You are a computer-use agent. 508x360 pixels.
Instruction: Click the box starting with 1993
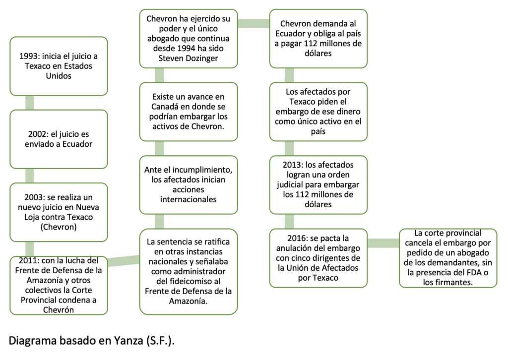tap(59, 66)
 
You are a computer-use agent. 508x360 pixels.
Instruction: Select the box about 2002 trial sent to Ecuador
tap(59, 139)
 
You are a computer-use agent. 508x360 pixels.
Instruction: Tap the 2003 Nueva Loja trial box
tap(59, 212)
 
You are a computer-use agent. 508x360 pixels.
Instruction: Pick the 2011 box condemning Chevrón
tap(59, 285)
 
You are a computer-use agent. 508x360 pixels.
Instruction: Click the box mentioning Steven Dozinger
tap(189, 38)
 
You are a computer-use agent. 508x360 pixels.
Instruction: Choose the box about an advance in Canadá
tap(189, 112)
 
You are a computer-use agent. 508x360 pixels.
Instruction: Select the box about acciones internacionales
tap(189, 185)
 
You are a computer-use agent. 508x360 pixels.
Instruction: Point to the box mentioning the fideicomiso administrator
tap(189, 271)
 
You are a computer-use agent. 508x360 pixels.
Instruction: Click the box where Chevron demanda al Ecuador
tap(318, 38)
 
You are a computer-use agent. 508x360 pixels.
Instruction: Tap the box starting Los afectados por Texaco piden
tap(318, 112)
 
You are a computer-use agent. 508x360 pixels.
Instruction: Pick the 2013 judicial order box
tap(318, 185)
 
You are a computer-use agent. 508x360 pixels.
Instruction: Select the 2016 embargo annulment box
tap(318, 258)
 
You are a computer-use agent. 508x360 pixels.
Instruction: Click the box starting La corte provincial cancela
tap(448, 258)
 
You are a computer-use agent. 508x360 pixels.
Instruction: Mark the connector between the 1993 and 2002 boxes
tap(30, 103)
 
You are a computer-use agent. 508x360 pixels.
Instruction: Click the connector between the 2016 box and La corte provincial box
tap(383, 243)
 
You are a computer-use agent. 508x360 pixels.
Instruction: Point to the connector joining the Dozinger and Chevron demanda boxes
tap(254, 23)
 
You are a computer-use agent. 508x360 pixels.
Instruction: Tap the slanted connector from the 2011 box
tap(124, 261)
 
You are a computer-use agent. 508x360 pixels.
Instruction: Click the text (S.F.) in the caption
tap(159, 341)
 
